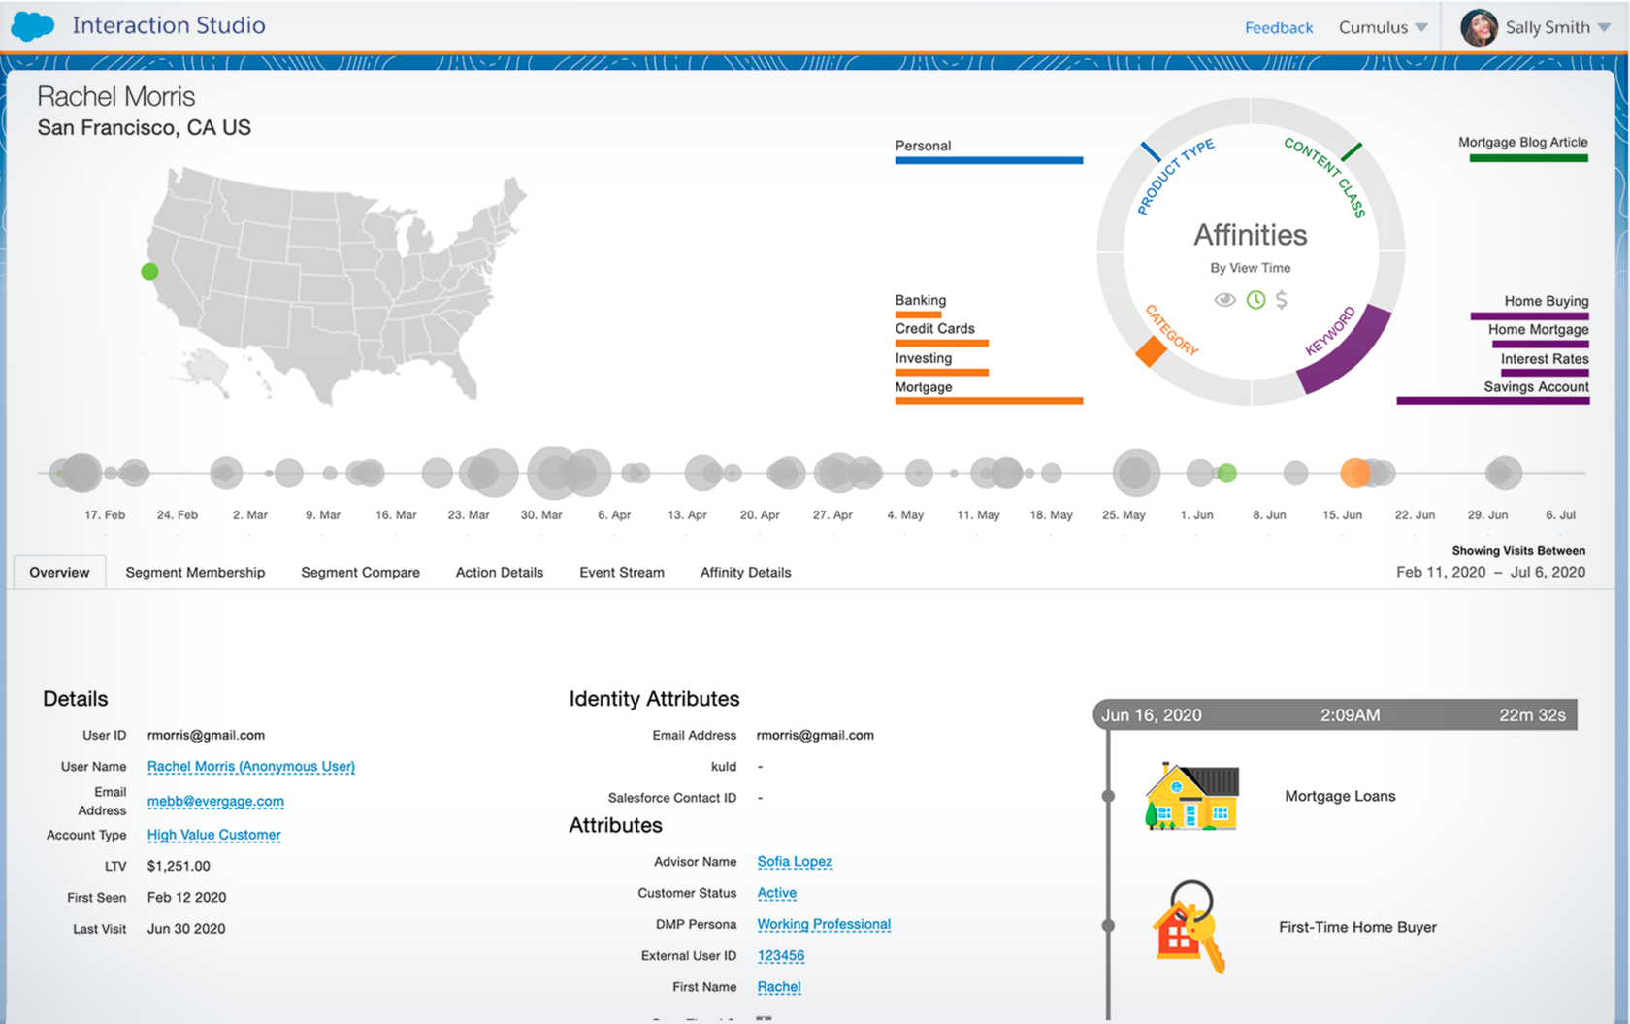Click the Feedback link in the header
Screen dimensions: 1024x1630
click(x=1278, y=28)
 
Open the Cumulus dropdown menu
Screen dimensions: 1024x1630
click(x=1383, y=28)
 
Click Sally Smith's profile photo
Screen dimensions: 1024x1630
click(x=1479, y=28)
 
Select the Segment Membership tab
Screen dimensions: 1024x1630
click(x=195, y=573)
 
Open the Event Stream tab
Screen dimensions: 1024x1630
click(x=622, y=573)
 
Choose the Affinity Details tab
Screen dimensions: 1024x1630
click(x=745, y=573)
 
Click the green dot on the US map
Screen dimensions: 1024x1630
click(x=149, y=272)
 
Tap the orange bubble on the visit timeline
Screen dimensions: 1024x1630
click(x=1354, y=473)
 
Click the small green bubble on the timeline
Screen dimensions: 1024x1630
click(x=1227, y=473)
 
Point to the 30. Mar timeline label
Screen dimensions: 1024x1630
click(x=541, y=515)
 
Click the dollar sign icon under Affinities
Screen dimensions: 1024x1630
click(x=1282, y=300)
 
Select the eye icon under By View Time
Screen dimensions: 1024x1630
click(x=1225, y=300)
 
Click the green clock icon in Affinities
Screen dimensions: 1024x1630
click(x=1255, y=300)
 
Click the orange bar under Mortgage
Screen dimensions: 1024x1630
click(x=989, y=401)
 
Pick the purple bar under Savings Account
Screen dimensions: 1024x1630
click(x=1492, y=401)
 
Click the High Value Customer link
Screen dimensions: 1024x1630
click(x=213, y=835)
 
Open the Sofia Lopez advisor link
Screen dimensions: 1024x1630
click(x=795, y=862)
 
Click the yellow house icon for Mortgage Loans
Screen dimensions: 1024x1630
click(x=1192, y=797)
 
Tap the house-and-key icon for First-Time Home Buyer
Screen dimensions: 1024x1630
click(x=1189, y=928)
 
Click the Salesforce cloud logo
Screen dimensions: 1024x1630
click(x=32, y=26)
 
